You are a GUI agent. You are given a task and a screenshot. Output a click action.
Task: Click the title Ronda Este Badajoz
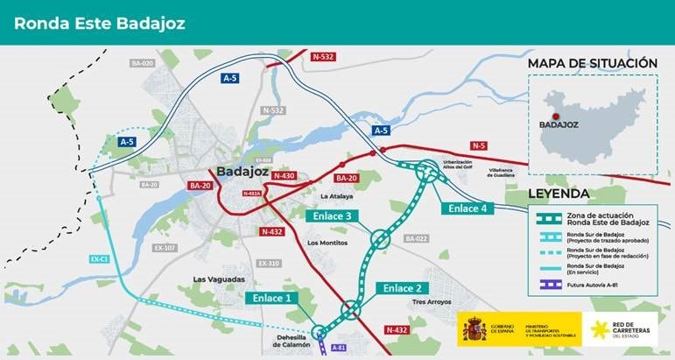pyautogui.click(x=100, y=23)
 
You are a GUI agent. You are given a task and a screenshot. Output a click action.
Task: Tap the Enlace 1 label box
pyautogui.click(x=272, y=298)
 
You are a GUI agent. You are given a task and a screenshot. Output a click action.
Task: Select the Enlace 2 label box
pyautogui.click(x=403, y=287)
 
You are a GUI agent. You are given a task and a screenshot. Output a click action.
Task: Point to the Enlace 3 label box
pyautogui.click(x=331, y=215)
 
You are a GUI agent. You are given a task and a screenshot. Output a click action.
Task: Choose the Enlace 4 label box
pyautogui.click(x=467, y=208)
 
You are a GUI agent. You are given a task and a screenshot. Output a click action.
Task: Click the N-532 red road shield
pyautogui.click(x=323, y=57)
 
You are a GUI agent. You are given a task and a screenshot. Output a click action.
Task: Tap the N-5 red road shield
pyautogui.click(x=479, y=145)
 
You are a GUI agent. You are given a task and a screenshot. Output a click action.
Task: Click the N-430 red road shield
pyautogui.click(x=284, y=176)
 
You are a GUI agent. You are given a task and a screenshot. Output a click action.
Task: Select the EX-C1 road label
pyautogui.click(x=98, y=259)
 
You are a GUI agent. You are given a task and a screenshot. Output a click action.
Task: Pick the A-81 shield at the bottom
pyautogui.click(x=340, y=348)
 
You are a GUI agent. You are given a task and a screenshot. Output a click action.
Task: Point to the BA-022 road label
pyautogui.click(x=416, y=238)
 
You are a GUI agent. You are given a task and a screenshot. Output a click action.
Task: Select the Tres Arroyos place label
pyautogui.click(x=430, y=302)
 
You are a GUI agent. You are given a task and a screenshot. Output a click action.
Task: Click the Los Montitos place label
pyautogui.click(x=328, y=243)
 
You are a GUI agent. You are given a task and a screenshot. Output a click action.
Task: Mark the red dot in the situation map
pyautogui.click(x=555, y=115)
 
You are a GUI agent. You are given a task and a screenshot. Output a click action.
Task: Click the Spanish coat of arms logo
pyautogui.click(x=475, y=329)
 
